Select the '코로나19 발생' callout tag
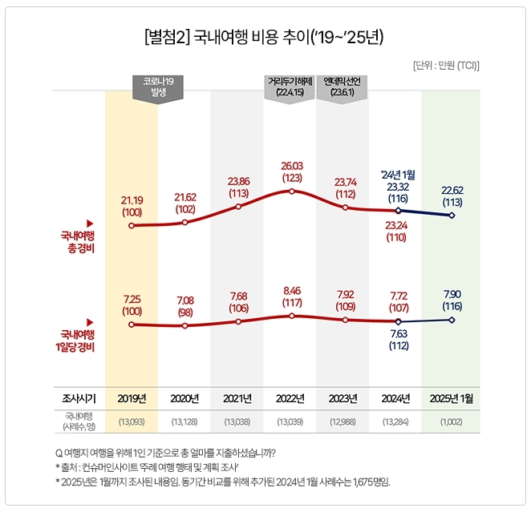pos(157,87)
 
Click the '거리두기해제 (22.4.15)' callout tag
pos(290,87)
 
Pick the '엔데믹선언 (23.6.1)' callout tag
pos(343,87)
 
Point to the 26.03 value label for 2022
pos(291,165)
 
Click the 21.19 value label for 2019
pos(132,200)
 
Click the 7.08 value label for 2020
pos(184,300)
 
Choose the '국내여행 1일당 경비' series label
pos(77,341)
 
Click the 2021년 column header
pos(237,397)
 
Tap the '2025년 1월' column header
pos(452,397)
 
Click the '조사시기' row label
pos(78,397)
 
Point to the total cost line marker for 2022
pos(291,191)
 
